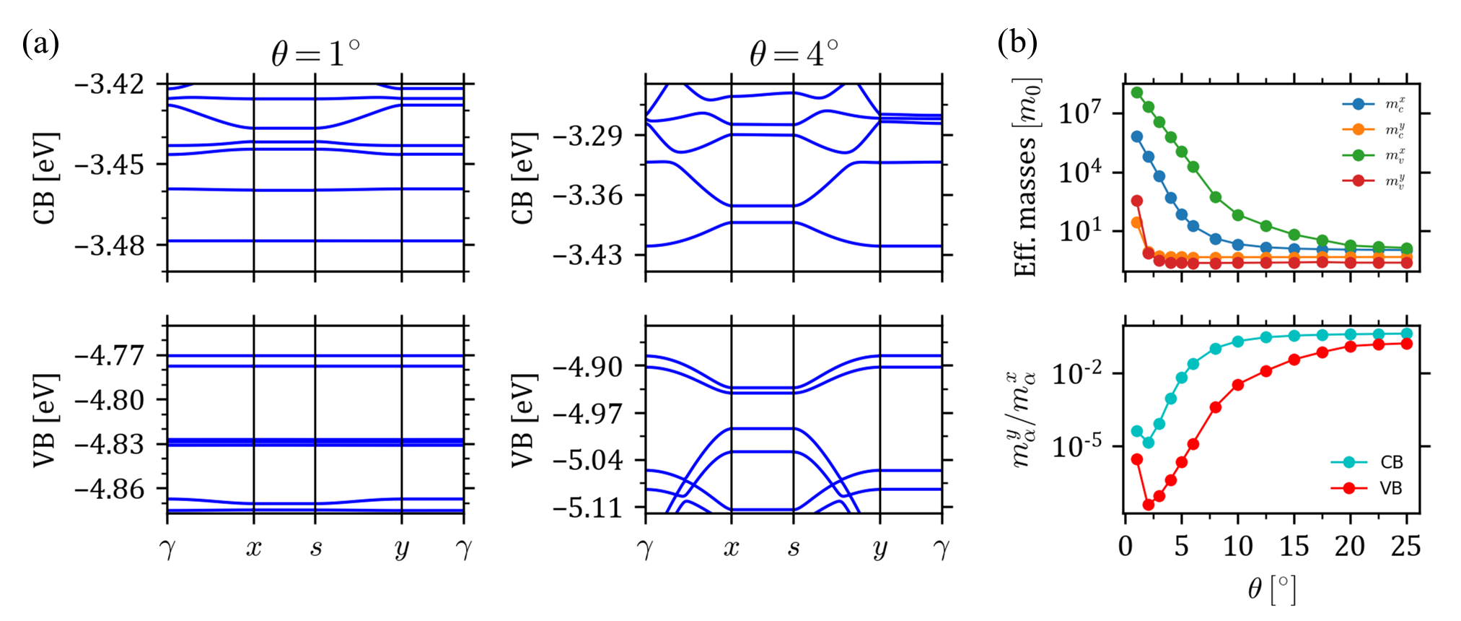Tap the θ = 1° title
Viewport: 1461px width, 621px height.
point(315,53)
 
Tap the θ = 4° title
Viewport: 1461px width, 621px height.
point(794,53)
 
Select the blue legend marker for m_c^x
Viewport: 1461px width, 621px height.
point(1358,105)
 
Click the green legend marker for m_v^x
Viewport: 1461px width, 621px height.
point(1358,155)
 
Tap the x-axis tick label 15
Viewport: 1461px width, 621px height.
point(1294,546)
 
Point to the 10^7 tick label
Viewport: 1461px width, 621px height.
point(1080,113)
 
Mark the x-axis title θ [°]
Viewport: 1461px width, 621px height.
point(1271,589)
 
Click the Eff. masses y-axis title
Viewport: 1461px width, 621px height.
point(1026,177)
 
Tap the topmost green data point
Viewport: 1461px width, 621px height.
point(1137,92)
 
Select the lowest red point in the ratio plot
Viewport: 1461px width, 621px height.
point(1149,505)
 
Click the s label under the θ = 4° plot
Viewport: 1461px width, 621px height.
point(794,549)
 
